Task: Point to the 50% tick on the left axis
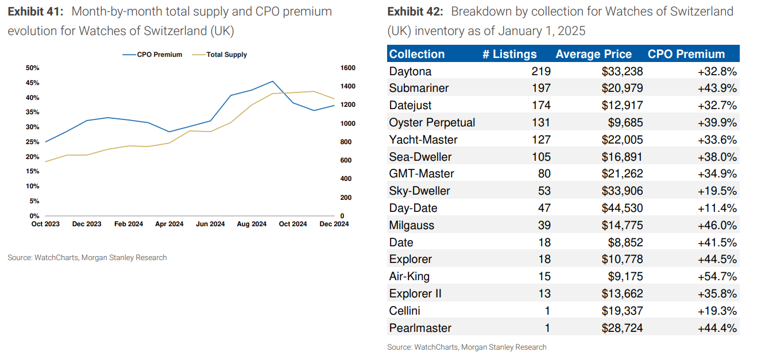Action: pyautogui.click(x=32, y=68)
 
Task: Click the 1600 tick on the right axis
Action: pyautogui.click(x=348, y=68)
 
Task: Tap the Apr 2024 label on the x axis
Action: pyautogui.click(x=169, y=224)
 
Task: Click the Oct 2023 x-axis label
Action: pyautogui.click(x=45, y=224)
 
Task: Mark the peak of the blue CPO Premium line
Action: pyautogui.click(x=272, y=82)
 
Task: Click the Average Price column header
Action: pyautogui.click(x=593, y=54)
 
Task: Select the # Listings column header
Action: pyautogui.click(x=509, y=54)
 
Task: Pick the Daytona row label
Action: pyautogui.click(x=410, y=71)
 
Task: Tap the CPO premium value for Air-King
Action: pyautogui.click(x=717, y=276)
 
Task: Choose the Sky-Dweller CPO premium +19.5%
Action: pyautogui.click(x=717, y=191)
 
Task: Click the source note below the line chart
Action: pyautogui.click(x=87, y=258)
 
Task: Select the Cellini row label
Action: pyautogui.click(x=405, y=311)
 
